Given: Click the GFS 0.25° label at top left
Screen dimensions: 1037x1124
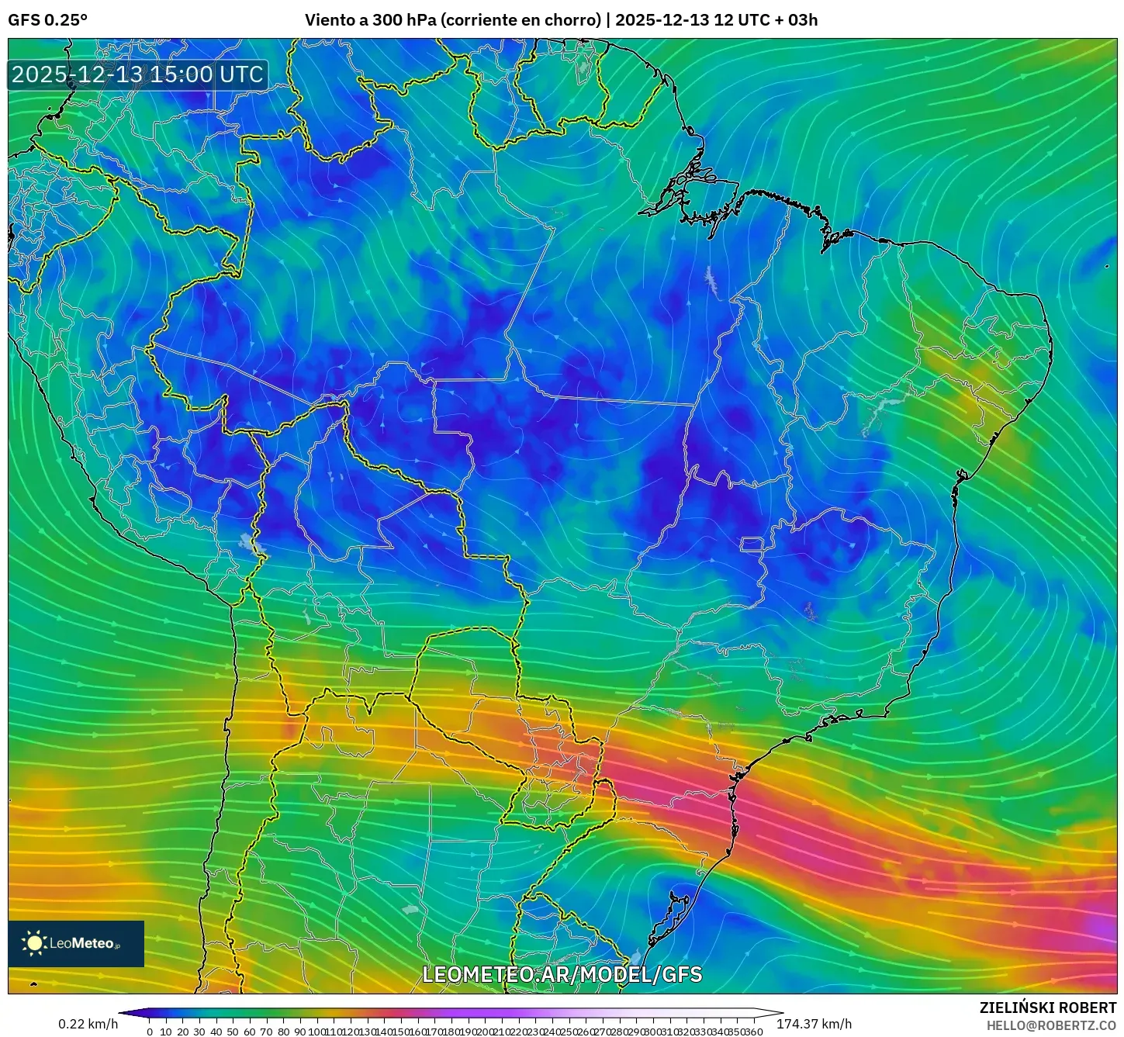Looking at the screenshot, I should (47, 20).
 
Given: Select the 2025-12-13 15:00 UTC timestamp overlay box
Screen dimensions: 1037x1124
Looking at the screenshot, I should (138, 74).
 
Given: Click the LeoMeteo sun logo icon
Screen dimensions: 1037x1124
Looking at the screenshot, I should (35, 943).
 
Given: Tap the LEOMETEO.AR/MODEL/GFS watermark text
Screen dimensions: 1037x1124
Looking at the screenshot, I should (562, 975).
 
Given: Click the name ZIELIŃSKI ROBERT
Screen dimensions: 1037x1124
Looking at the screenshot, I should (1047, 1008).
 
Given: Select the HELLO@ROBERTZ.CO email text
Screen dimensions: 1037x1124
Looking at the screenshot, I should (1051, 1025).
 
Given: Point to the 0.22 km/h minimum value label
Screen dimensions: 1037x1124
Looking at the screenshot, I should (88, 1024).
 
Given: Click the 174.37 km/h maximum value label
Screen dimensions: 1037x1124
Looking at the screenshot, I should (814, 1024).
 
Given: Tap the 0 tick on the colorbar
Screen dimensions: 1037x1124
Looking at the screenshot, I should (150, 1032).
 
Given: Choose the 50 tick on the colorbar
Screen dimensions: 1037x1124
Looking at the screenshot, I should (233, 1032).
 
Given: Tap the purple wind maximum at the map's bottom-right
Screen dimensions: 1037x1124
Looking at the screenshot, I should (1102, 927).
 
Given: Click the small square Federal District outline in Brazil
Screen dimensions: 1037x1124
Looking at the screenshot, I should (752, 544).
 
